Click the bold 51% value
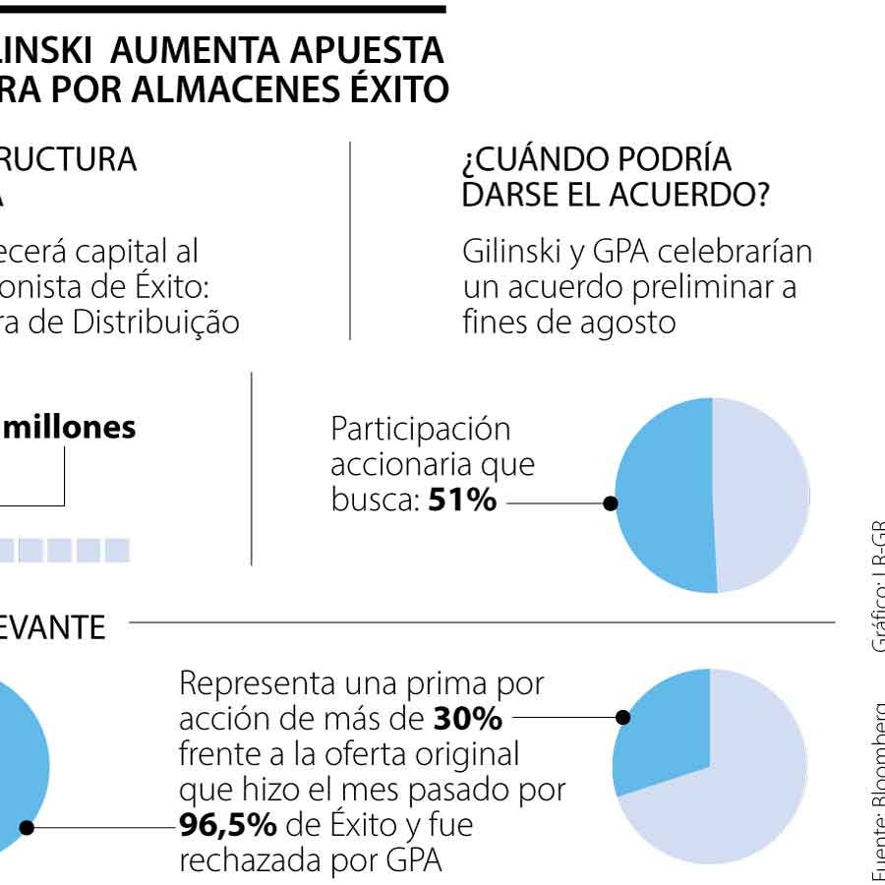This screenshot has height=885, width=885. pyautogui.click(x=462, y=501)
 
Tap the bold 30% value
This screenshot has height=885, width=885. pyautogui.click(x=468, y=720)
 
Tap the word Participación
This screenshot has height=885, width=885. pyautogui.click(x=421, y=430)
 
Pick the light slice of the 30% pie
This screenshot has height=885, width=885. pyautogui.click(x=737, y=787)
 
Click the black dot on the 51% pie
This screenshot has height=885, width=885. pyautogui.click(x=611, y=502)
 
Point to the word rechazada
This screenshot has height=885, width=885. pyautogui.click(x=250, y=859)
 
